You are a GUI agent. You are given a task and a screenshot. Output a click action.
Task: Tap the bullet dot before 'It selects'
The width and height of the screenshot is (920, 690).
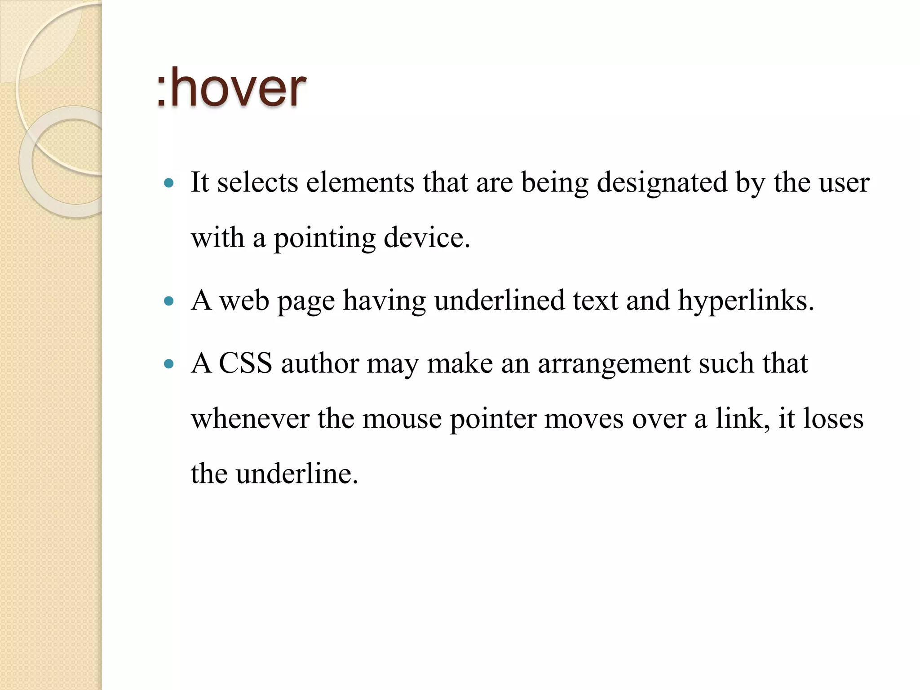click(169, 183)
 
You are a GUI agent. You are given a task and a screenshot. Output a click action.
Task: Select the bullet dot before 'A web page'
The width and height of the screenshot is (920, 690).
click(169, 301)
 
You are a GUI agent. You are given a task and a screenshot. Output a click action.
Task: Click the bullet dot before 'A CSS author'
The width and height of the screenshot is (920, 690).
click(169, 363)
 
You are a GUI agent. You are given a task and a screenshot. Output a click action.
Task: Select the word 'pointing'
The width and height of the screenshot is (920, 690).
click(324, 239)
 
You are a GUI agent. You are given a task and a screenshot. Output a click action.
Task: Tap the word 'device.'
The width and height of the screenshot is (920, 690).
click(427, 238)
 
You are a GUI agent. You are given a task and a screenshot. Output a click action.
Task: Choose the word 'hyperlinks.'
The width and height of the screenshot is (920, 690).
click(746, 301)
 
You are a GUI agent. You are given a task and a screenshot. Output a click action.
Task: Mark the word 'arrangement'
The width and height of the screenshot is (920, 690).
click(614, 364)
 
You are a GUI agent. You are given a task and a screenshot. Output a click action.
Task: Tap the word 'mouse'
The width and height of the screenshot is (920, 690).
click(402, 419)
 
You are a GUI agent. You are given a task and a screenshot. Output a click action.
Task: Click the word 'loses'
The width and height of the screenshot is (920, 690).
click(833, 419)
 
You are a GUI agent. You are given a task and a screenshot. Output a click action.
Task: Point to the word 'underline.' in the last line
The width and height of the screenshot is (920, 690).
click(297, 474)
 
